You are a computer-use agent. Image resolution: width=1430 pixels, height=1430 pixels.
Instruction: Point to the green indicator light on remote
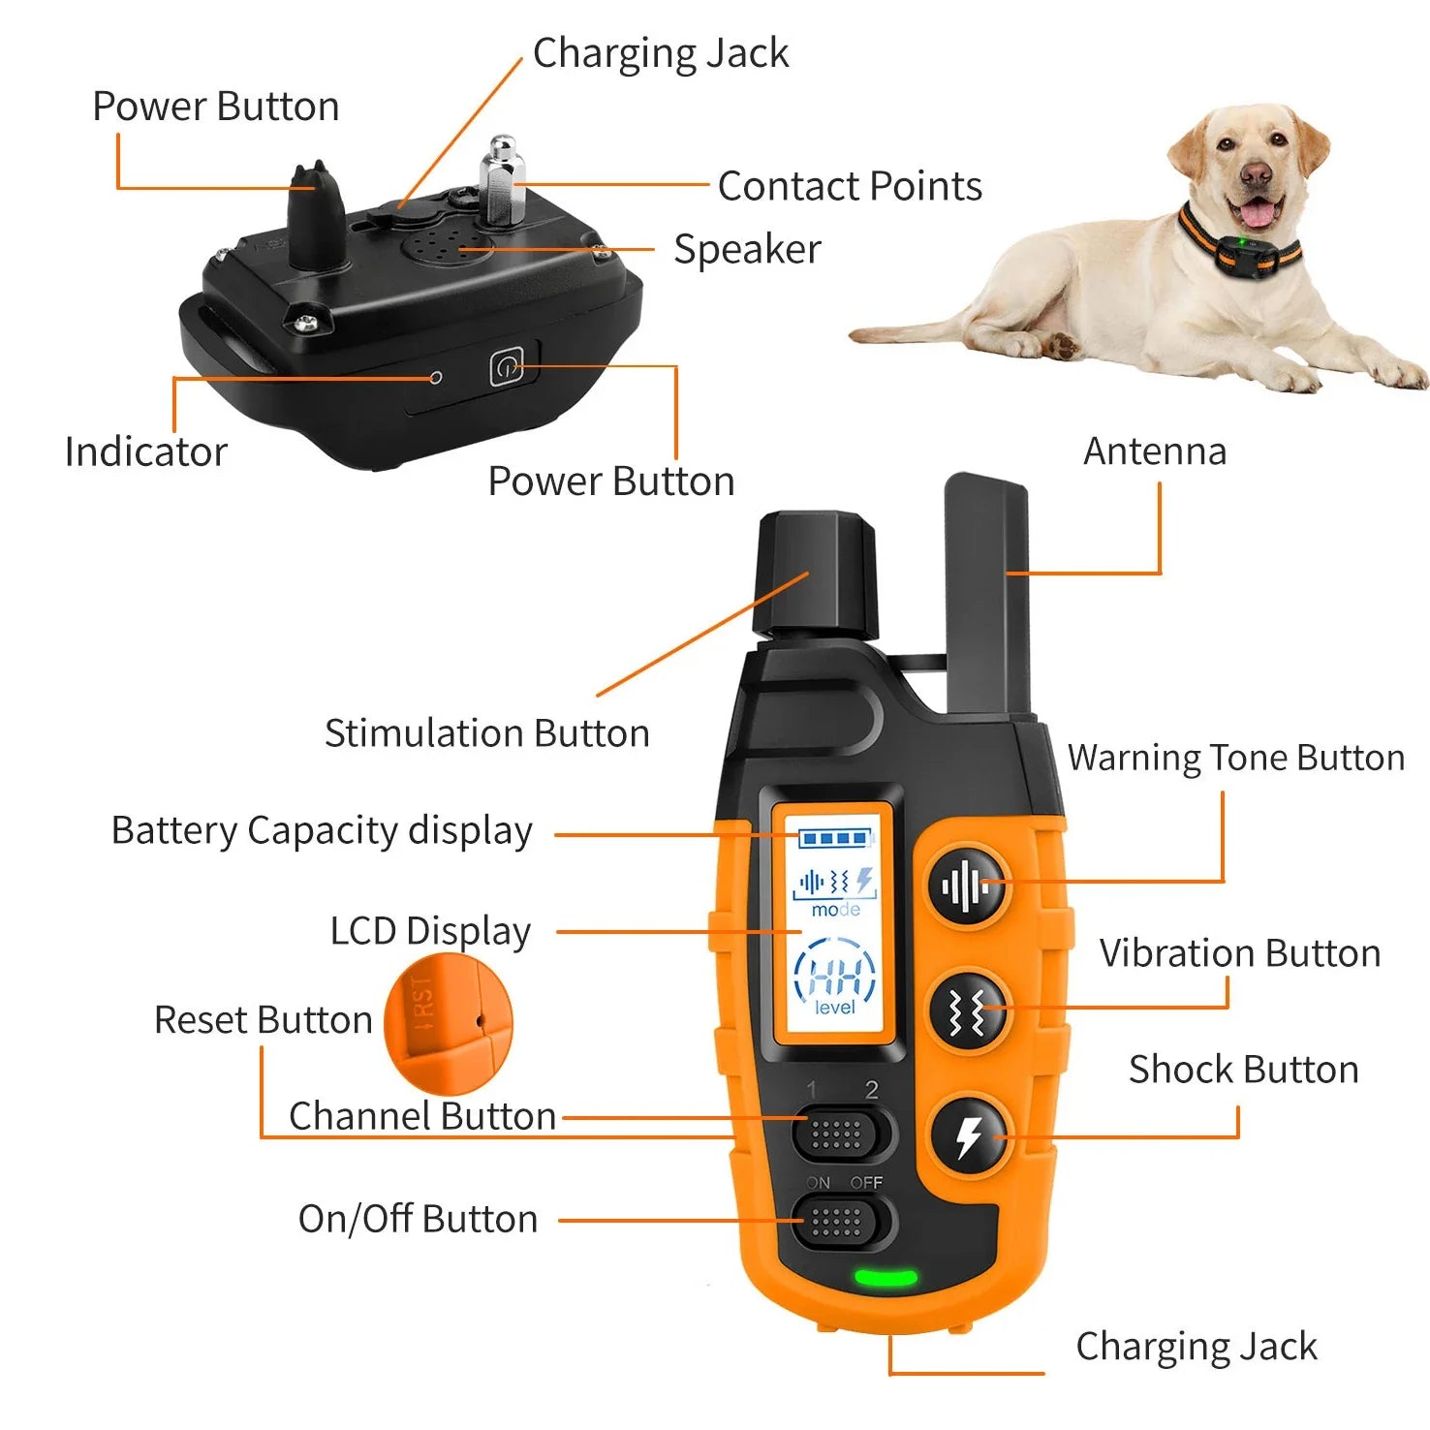(885, 1278)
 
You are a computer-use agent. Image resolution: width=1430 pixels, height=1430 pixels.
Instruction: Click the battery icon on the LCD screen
(834, 838)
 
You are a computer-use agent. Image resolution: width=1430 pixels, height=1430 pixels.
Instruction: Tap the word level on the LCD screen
(834, 1009)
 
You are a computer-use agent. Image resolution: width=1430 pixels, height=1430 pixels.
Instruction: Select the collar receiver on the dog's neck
(1249, 255)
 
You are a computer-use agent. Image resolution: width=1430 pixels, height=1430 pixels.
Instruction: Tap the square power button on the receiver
(507, 367)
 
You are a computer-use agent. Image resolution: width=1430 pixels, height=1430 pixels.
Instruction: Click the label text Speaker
(747, 250)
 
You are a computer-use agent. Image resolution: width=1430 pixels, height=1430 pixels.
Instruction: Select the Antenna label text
(1154, 451)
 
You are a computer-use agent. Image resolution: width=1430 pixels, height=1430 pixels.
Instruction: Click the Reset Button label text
(263, 1020)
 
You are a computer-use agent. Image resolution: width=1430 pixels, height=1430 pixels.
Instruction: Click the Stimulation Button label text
(486, 733)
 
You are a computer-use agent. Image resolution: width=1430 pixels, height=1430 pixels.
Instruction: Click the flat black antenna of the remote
(987, 591)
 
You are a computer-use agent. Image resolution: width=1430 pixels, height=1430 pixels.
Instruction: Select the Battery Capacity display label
(322, 831)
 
